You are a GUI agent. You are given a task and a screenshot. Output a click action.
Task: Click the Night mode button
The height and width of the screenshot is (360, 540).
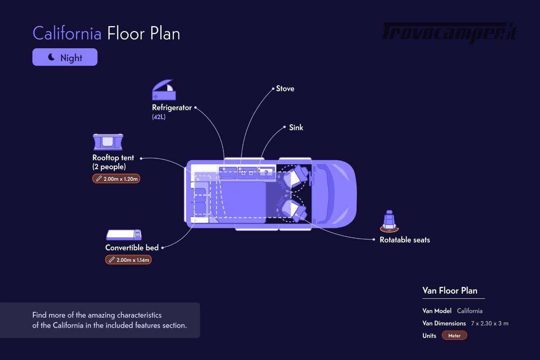(x=65, y=57)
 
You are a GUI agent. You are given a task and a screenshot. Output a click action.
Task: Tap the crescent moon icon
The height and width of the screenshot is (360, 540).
(x=51, y=57)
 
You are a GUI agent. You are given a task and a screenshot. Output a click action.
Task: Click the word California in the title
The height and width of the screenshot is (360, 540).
(x=67, y=33)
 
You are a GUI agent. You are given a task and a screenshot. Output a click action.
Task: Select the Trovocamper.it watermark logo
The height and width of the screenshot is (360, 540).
(x=450, y=33)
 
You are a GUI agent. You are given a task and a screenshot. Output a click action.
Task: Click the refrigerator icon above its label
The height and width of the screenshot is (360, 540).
(x=164, y=90)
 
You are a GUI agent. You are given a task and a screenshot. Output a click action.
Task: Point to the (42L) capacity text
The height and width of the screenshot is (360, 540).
(x=158, y=117)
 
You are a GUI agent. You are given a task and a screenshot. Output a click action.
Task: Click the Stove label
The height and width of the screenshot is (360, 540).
(x=285, y=89)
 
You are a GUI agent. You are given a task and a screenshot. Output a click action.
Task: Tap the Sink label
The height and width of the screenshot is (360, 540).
(x=296, y=127)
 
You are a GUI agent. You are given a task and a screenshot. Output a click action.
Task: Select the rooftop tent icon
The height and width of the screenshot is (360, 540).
(x=108, y=142)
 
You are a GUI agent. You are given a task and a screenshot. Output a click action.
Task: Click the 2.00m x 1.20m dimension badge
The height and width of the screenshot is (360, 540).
(x=116, y=179)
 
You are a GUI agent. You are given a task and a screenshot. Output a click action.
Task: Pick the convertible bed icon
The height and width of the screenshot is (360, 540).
(x=124, y=234)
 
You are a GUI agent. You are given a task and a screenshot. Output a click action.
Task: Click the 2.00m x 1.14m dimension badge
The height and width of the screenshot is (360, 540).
(x=129, y=260)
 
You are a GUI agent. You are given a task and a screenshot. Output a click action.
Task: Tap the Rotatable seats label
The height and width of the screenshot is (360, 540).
(x=405, y=240)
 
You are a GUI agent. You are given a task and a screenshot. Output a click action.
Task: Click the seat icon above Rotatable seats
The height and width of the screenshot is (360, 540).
(x=389, y=221)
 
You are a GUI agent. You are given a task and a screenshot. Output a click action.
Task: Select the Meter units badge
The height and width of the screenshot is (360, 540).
(x=454, y=335)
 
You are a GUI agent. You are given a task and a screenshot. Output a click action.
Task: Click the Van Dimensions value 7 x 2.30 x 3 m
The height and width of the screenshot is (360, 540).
(x=490, y=324)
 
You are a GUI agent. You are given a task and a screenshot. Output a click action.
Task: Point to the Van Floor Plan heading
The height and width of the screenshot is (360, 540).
(x=450, y=291)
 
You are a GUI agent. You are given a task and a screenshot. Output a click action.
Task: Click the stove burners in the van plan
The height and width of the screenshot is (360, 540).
(x=247, y=173)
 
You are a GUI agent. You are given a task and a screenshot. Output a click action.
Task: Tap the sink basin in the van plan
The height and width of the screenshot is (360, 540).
(x=266, y=173)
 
